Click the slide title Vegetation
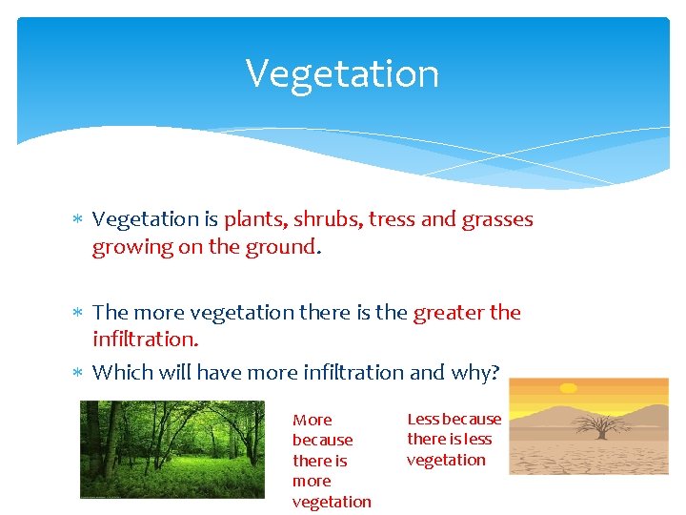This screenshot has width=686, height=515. [342, 73]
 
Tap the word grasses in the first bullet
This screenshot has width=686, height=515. [496, 219]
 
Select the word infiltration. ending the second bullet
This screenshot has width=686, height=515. [145, 339]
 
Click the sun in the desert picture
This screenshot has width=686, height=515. [569, 388]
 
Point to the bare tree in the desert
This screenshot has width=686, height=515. [600, 424]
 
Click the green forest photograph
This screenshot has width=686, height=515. [171, 448]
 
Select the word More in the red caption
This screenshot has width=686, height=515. [313, 421]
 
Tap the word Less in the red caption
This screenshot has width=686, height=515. [423, 419]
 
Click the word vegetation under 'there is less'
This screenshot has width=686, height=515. [446, 460]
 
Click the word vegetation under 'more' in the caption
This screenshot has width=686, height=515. [332, 502]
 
